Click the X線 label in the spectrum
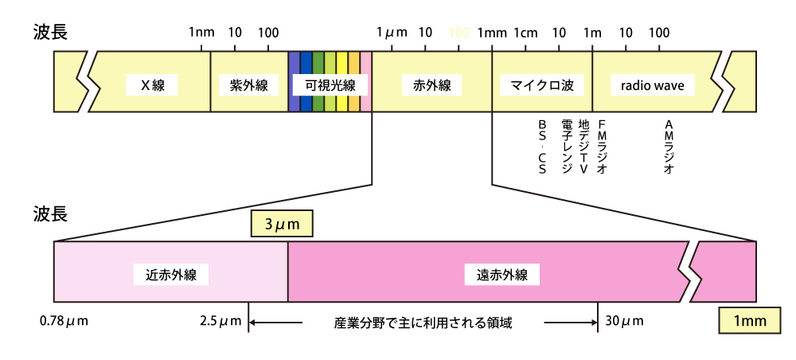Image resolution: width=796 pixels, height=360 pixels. tap(152, 85)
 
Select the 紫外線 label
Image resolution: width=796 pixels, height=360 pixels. tap(248, 85)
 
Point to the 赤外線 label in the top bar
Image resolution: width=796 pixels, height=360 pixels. tap(431, 85)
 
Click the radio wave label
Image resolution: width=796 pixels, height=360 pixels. tap(652, 85)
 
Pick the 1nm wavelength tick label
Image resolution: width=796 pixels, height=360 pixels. tap(201, 33)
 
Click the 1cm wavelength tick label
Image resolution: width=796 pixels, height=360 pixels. tap(526, 33)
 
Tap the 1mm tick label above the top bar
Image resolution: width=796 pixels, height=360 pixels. tap(492, 33)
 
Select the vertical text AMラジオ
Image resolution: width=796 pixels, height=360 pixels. tap(669, 147)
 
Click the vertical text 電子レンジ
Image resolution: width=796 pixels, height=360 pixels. tap(566, 147)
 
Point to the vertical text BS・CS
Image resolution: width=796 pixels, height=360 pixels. tap(543, 147)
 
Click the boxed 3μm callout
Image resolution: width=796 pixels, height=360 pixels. tap(282, 225)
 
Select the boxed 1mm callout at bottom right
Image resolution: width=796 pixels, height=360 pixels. tap(749, 321)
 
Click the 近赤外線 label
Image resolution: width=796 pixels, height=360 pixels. tap(171, 275)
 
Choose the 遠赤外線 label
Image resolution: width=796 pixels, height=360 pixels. tap(502, 275)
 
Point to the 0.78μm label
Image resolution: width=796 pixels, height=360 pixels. tap(64, 322)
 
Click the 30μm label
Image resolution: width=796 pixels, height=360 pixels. tap(624, 322)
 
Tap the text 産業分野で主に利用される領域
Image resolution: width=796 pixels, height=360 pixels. tap(423, 323)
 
